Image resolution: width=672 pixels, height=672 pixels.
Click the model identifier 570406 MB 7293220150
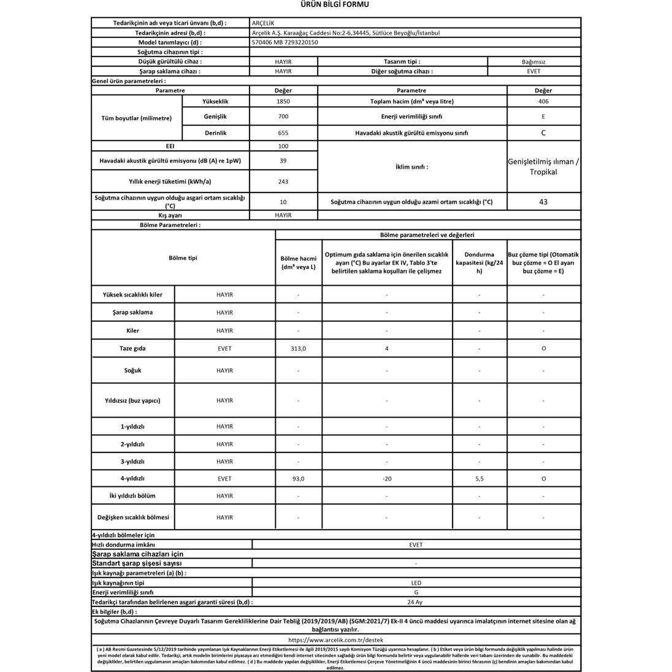tap(285, 42)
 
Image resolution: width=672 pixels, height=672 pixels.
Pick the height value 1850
tap(283, 101)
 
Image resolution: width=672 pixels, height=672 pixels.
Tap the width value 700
tap(283, 116)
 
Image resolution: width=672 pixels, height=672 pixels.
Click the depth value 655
tap(283, 132)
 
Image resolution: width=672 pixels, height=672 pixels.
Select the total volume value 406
tap(543, 101)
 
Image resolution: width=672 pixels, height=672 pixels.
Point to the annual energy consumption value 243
tap(283, 181)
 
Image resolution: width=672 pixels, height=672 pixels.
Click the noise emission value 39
tap(283, 161)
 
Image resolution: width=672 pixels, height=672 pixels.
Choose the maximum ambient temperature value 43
tap(543, 202)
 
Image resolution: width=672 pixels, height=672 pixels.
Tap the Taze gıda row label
tap(132, 348)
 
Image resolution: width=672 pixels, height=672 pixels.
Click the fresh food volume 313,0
tap(298, 348)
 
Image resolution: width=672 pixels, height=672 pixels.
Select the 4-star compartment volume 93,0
tap(298, 479)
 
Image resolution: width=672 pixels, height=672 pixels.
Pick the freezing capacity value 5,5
tap(479, 479)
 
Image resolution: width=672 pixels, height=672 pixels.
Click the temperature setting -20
tap(386, 479)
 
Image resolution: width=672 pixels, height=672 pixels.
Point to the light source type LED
tap(416, 583)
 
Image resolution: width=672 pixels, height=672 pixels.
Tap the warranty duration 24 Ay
tap(416, 602)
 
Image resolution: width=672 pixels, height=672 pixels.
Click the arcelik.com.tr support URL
tap(335, 639)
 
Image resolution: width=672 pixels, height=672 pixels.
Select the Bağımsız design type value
tap(533, 62)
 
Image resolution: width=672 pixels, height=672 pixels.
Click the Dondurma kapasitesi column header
tap(479, 262)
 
